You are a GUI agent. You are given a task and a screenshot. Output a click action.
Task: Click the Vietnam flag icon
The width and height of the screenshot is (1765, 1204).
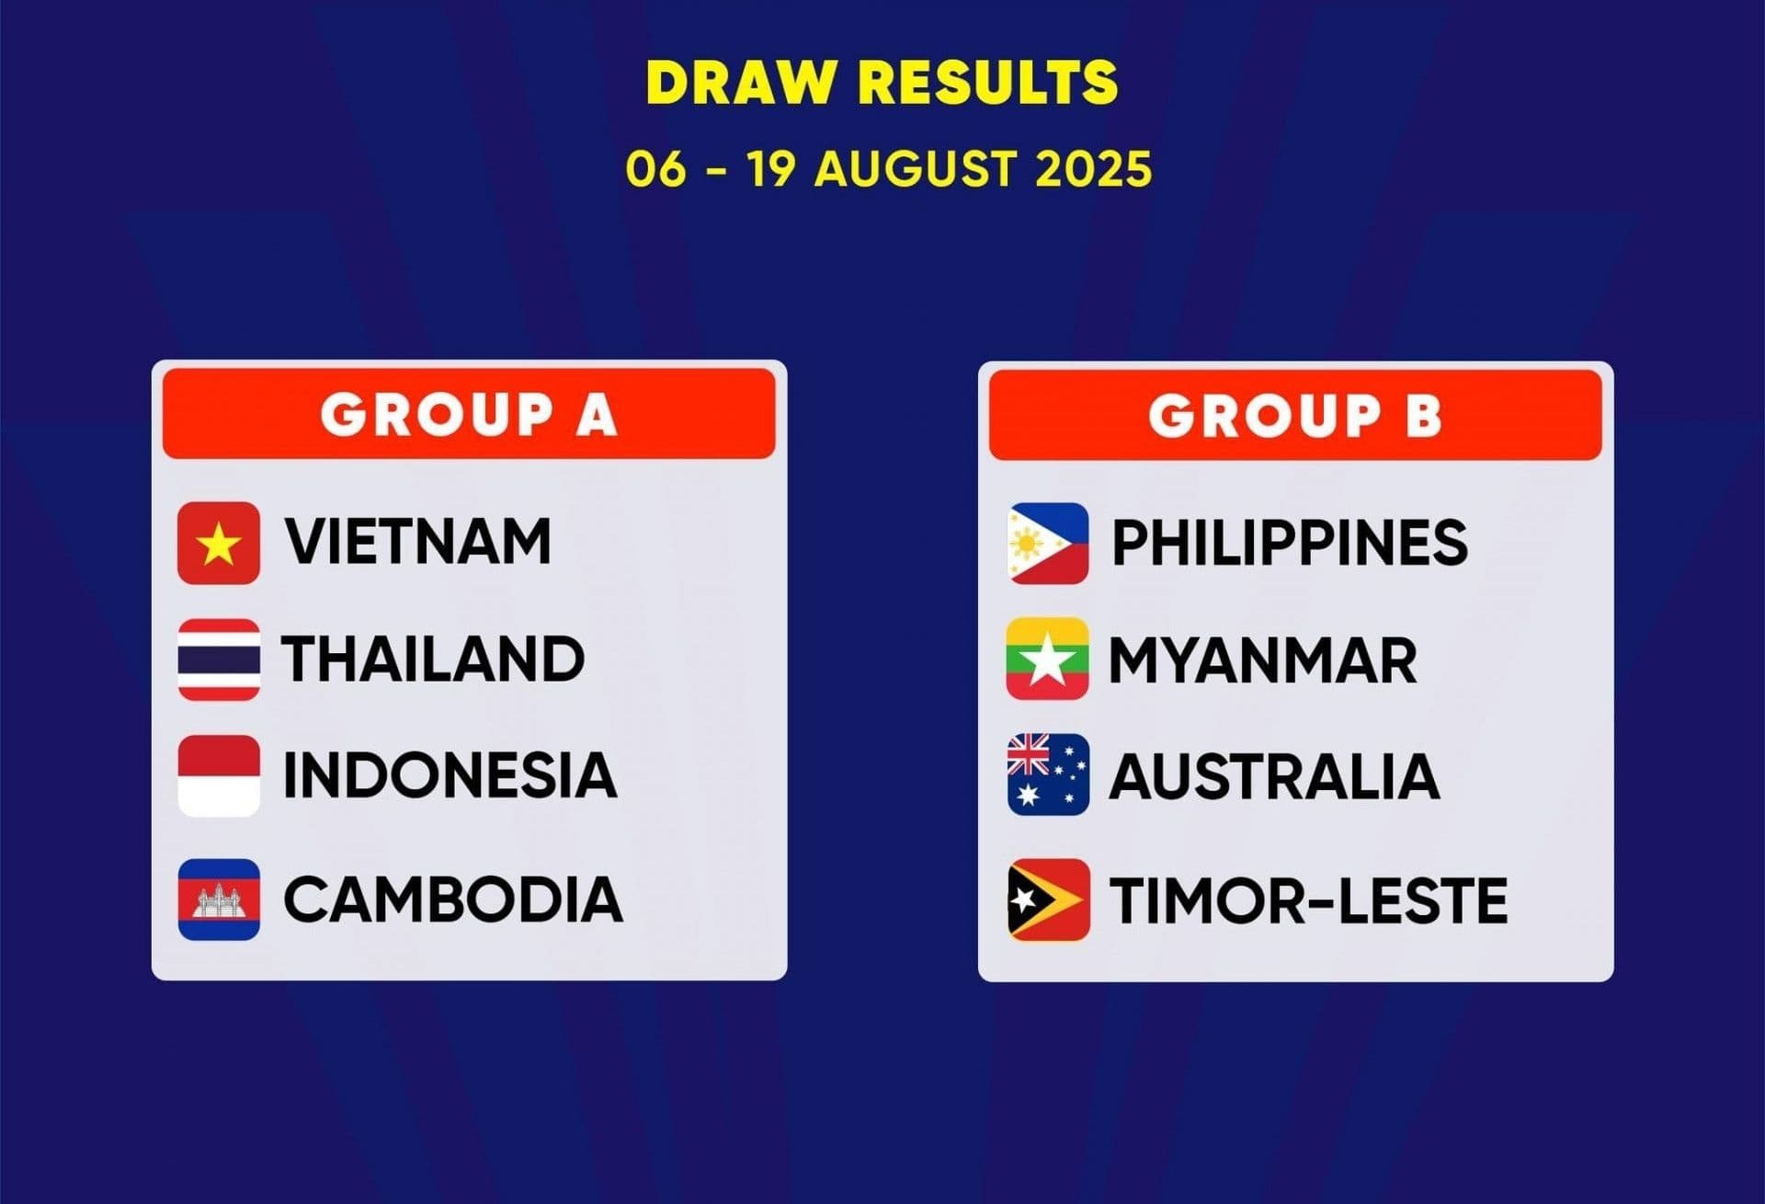(x=219, y=544)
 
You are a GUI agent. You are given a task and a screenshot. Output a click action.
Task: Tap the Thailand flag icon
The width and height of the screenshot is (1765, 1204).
(x=219, y=659)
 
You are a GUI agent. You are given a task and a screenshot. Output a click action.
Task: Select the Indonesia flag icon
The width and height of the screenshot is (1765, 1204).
(x=219, y=775)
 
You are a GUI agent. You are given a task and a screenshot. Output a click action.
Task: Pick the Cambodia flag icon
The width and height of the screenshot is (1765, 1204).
(x=219, y=900)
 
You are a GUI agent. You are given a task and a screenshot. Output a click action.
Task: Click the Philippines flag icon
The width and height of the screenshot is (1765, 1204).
(x=1048, y=544)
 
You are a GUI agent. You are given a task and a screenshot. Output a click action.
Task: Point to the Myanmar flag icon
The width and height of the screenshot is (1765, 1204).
(x=1048, y=659)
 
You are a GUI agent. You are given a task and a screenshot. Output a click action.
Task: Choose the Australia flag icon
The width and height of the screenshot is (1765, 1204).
(x=1048, y=775)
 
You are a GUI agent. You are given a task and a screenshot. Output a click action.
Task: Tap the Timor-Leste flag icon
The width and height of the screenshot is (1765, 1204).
(x=1048, y=900)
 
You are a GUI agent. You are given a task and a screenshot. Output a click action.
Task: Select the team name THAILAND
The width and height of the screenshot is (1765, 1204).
(x=433, y=659)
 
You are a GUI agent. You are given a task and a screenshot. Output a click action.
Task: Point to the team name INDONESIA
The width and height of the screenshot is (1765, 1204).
(x=450, y=774)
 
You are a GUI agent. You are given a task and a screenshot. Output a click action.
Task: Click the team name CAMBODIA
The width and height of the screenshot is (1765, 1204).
(x=453, y=899)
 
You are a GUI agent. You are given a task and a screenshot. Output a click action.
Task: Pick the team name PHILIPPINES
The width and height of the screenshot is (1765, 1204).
(x=1290, y=543)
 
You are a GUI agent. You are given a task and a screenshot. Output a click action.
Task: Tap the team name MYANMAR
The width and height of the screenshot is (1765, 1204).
(x=1263, y=660)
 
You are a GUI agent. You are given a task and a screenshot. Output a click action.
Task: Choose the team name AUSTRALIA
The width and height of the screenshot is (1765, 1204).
(x=1274, y=776)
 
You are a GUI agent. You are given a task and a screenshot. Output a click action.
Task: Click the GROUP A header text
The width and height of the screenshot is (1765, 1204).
(x=469, y=414)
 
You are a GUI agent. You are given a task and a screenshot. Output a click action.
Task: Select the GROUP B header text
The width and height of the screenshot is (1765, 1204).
(x=1295, y=415)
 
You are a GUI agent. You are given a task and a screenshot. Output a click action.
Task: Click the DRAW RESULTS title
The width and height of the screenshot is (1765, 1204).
(x=882, y=82)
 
